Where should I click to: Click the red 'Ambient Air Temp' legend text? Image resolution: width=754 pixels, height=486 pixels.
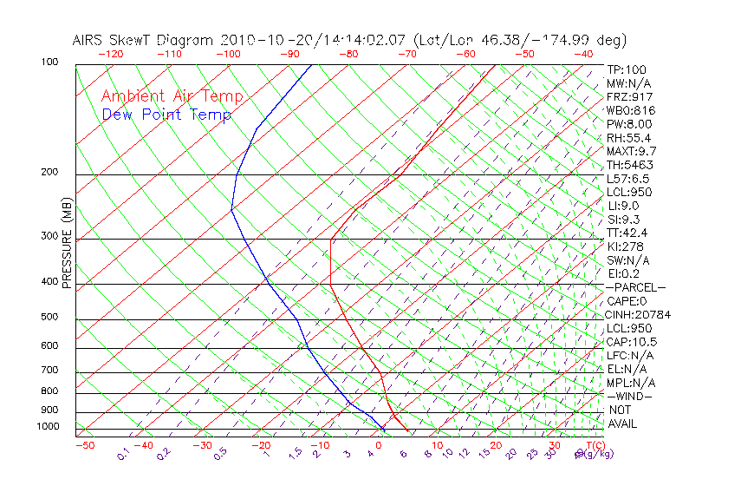tap(172, 96)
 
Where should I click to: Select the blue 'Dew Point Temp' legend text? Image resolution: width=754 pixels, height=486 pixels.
tap(166, 115)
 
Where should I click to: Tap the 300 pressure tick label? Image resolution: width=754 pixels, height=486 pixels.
tap(49, 236)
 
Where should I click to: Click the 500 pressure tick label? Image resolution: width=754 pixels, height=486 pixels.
tap(49, 318)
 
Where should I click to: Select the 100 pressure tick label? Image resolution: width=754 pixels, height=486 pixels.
tap(49, 62)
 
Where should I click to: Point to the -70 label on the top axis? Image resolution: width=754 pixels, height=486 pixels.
tap(406, 54)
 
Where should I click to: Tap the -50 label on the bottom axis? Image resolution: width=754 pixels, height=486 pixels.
tap(84, 445)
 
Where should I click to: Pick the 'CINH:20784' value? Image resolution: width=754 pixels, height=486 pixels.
tap(639, 314)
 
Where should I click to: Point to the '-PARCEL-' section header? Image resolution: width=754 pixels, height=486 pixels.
tap(635, 287)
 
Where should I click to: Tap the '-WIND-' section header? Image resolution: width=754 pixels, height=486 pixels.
tap(630, 396)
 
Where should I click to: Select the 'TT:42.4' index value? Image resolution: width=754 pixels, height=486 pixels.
tap(627, 233)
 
